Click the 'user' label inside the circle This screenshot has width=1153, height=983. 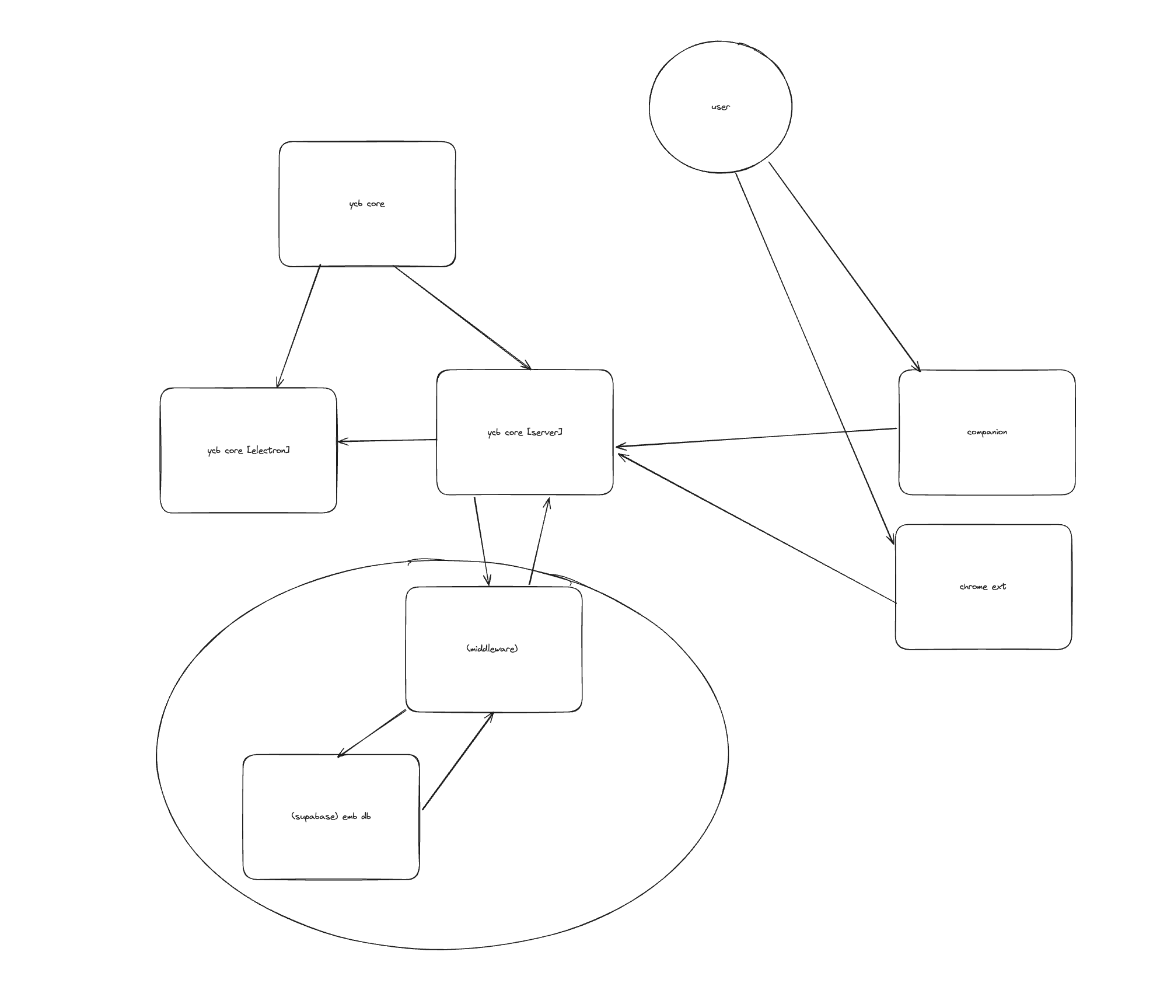[x=720, y=107]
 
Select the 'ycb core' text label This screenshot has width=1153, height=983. [x=366, y=204]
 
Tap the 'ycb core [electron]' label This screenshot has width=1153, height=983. [x=248, y=450]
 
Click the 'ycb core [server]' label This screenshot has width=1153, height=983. [x=525, y=432]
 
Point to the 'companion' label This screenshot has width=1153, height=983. [x=987, y=432]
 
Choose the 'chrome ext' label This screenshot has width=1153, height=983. [x=983, y=587]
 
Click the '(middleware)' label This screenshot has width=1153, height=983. [x=492, y=649]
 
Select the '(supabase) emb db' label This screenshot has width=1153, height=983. [x=330, y=816]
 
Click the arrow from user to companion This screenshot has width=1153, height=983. [x=844, y=266]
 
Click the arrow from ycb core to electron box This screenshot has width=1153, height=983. [x=299, y=326]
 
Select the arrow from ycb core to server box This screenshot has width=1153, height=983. [x=462, y=318]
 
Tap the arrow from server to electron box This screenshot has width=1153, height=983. [x=387, y=441]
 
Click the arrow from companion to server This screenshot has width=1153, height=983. [x=756, y=438]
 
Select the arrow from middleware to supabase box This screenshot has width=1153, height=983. [x=372, y=734]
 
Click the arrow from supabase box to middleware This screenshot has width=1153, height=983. [x=457, y=761]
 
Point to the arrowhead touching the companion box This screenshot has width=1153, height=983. [x=918, y=368]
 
